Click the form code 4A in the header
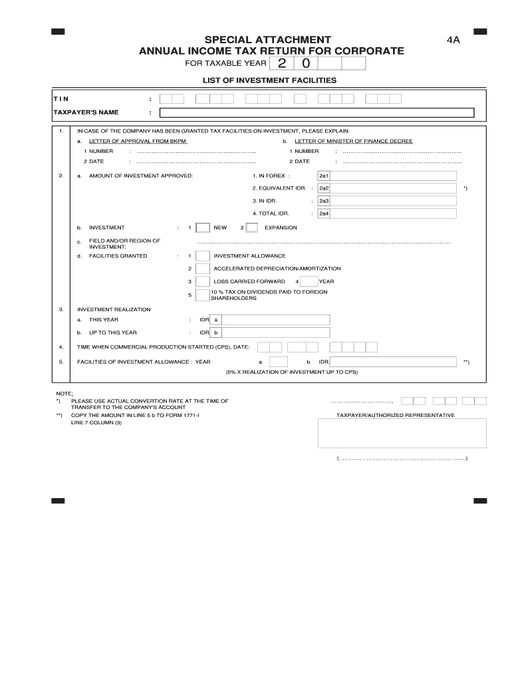453,40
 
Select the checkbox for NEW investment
203,228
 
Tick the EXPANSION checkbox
252,228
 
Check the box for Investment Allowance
203,256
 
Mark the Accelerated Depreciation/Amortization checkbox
203,269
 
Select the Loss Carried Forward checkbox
203,281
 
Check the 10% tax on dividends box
203,295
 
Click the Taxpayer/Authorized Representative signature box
402,434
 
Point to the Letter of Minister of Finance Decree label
354,141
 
